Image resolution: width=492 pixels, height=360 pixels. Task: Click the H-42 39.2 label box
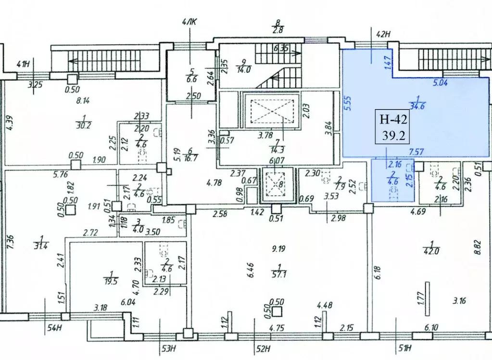click(392, 126)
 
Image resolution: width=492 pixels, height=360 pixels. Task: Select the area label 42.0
click(432, 250)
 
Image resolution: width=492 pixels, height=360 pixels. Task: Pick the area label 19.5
click(111, 281)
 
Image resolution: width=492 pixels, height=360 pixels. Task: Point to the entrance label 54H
click(55, 329)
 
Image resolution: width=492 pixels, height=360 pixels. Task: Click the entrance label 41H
click(24, 64)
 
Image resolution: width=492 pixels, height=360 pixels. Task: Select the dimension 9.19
click(278, 249)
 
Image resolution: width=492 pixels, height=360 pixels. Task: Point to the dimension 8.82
click(477, 249)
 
